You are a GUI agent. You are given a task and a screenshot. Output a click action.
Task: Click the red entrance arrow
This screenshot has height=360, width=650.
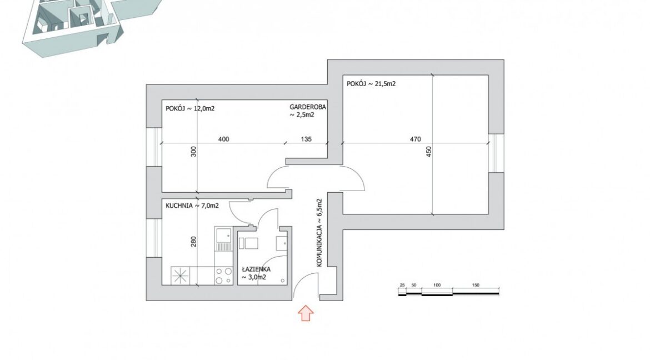click(306, 313)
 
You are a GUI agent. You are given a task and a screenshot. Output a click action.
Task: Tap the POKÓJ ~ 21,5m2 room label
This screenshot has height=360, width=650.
click(371, 84)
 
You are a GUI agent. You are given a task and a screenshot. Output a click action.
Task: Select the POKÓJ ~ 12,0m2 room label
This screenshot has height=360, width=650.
click(190, 109)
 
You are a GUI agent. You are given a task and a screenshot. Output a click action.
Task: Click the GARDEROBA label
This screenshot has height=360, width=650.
click(308, 107)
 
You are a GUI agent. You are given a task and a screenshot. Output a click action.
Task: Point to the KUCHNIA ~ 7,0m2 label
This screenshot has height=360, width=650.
click(192, 206)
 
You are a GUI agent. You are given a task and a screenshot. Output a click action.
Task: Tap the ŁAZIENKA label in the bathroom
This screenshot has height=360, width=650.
click(256, 269)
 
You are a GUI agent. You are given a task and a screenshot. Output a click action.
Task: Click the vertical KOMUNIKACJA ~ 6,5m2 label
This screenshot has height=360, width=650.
click(319, 233)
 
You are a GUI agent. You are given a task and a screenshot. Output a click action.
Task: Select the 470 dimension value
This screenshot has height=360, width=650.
click(416, 139)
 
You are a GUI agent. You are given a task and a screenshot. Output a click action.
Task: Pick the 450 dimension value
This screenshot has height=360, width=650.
click(429, 151)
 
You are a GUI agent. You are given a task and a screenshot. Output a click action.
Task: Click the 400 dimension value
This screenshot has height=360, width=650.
click(223, 139)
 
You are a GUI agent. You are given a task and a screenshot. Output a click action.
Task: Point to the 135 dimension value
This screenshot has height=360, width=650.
click(306, 139)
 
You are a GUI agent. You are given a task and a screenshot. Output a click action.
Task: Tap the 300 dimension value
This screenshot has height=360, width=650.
click(193, 151)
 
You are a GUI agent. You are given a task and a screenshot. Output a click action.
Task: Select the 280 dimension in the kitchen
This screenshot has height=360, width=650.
click(193, 242)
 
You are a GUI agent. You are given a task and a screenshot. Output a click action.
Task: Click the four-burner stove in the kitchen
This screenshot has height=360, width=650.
click(224, 276)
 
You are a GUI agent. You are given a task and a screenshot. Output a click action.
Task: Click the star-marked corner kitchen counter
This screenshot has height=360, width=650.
click(181, 276)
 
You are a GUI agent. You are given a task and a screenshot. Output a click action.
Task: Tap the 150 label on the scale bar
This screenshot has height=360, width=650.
click(476, 286)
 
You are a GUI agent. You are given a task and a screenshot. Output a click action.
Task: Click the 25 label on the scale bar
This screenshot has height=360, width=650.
click(402, 286)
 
